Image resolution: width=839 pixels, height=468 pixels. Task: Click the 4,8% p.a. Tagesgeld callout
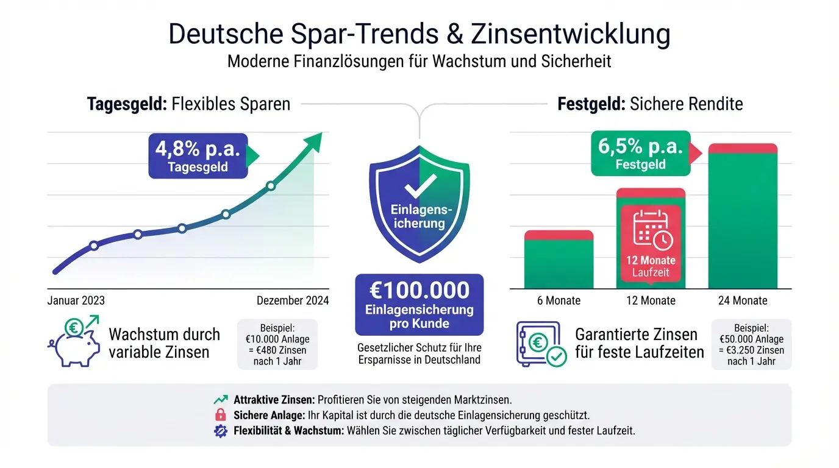pos(198,156)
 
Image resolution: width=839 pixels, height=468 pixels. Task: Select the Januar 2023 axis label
pos(76,300)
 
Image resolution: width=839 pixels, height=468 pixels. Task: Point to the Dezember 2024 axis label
pos(293,300)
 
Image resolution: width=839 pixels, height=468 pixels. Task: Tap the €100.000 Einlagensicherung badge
pos(419,305)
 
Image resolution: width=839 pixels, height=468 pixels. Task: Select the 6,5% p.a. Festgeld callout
pos(641,154)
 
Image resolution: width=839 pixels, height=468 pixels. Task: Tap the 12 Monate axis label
pos(651,300)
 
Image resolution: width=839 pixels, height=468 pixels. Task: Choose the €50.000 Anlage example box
pos(751,344)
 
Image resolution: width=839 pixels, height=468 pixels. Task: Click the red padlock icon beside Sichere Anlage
pos(220,415)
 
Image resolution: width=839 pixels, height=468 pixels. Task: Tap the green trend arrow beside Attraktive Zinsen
pos(220,400)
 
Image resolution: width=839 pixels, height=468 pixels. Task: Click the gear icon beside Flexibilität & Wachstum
pos(220,431)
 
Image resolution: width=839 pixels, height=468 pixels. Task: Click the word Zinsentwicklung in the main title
pos(570,35)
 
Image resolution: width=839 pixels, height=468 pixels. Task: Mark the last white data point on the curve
pos(271,186)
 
